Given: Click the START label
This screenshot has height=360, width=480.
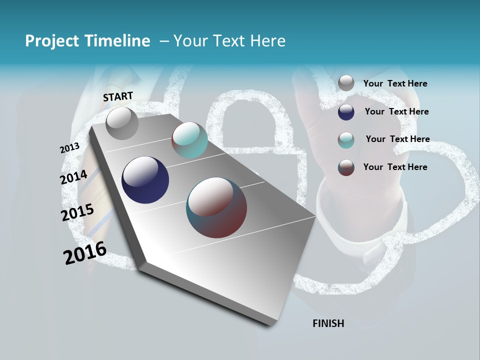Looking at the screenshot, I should (x=118, y=96).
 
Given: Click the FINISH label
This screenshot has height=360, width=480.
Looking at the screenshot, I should (x=328, y=323).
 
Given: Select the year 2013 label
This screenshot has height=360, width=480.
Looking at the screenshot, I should (x=69, y=148).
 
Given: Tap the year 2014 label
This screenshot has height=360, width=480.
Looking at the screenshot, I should (x=74, y=177).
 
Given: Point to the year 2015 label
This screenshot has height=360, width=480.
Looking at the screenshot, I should (x=77, y=212).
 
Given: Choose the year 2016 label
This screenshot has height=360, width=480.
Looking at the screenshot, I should (x=85, y=252).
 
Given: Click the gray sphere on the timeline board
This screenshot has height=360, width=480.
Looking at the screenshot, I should (x=122, y=123).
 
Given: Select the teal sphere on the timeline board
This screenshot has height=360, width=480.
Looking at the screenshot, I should (x=189, y=140).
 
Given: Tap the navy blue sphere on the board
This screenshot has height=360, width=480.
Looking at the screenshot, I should (x=145, y=180).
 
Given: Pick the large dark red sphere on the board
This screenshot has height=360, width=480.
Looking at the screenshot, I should (x=216, y=207).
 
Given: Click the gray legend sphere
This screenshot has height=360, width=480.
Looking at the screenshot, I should (x=346, y=83).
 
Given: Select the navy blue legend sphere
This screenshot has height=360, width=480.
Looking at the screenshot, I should (x=346, y=112).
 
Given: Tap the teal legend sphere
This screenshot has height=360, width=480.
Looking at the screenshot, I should (x=346, y=140).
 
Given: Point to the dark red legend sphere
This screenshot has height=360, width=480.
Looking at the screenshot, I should (x=346, y=167).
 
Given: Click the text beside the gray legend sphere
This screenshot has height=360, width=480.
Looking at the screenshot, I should (x=395, y=83).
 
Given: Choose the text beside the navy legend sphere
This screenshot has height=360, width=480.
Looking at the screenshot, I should (x=396, y=111).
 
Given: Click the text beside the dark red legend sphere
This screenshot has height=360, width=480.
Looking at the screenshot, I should (x=395, y=167).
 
